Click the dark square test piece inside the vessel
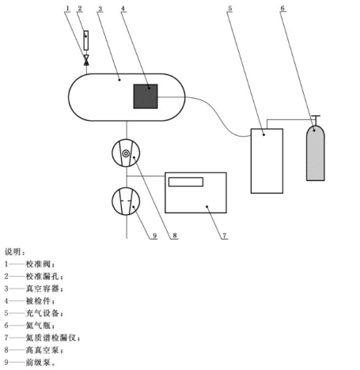(146, 96)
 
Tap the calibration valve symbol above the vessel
(86, 60)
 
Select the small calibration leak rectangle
(86, 40)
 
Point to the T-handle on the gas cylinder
(316, 118)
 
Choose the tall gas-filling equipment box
(267, 161)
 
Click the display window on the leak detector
(186, 182)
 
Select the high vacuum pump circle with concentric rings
(126, 153)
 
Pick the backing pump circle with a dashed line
(126, 202)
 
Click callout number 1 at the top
(67, 9)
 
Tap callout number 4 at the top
(123, 9)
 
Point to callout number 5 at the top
(230, 9)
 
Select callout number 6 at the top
(282, 9)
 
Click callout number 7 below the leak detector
(224, 236)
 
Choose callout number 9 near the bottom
(154, 236)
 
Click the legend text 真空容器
(42, 289)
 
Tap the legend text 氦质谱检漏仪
(51, 338)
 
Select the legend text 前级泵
(38, 362)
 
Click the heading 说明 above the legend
(13, 251)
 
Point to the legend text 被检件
(38, 300)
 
